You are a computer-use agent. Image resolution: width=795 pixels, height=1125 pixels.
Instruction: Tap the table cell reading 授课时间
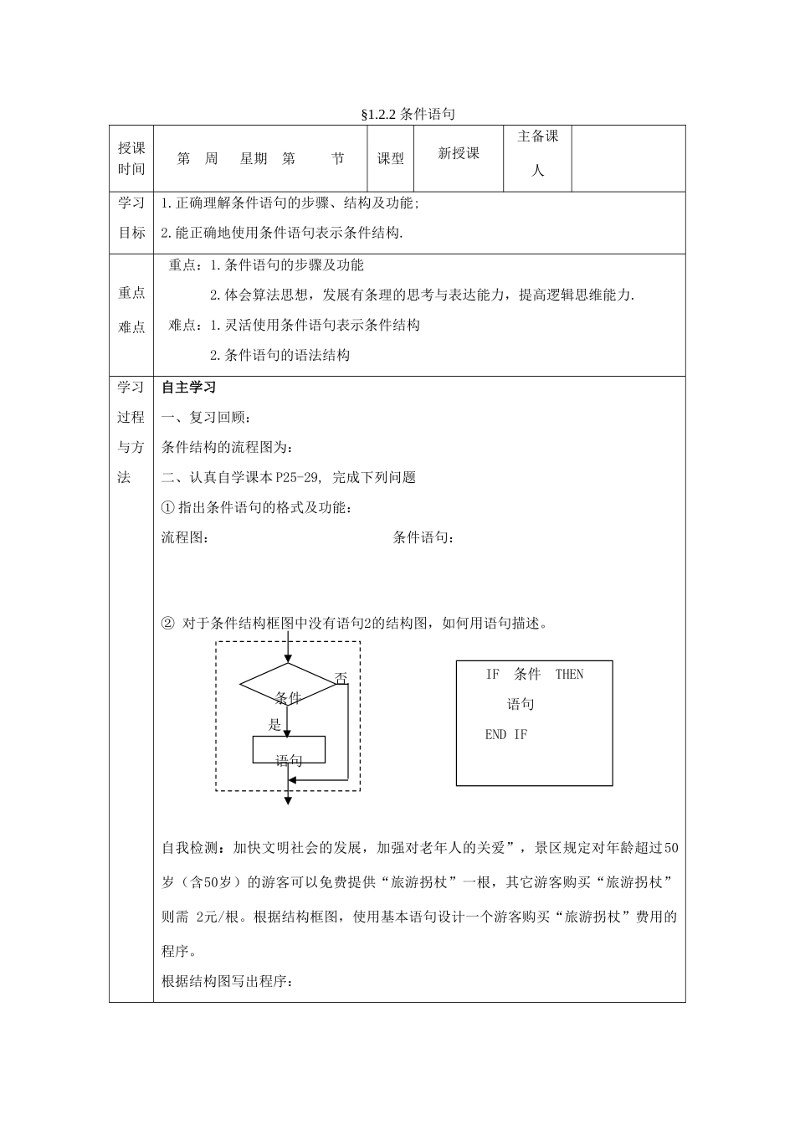[131, 158]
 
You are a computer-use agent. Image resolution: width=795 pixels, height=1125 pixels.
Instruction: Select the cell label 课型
[390, 158]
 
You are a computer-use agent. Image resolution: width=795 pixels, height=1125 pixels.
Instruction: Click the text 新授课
[459, 153]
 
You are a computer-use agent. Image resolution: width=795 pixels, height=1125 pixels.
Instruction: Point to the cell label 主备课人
[538, 153]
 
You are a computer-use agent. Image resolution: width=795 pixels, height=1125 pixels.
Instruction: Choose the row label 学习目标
[131, 218]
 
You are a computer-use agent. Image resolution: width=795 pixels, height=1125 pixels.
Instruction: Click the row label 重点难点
[131, 309]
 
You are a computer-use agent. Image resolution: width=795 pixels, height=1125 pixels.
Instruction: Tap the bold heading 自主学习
[188, 388]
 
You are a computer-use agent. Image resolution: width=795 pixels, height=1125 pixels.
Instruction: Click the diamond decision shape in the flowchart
[287, 683]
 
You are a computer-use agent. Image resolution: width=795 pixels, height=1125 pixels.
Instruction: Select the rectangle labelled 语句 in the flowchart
[289, 750]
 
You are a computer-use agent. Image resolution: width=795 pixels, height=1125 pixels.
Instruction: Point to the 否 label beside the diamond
[341, 679]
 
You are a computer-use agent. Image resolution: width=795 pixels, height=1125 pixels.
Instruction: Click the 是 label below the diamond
[274, 725]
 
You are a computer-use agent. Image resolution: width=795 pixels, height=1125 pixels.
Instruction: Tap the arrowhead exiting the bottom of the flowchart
[288, 800]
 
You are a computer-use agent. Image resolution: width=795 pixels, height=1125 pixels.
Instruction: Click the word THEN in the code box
[569, 675]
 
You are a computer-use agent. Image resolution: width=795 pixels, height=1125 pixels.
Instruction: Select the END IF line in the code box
[506, 735]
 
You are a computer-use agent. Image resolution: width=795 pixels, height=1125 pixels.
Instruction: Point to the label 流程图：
[185, 537]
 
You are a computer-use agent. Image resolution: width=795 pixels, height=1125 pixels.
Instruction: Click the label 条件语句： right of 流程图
[423, 537]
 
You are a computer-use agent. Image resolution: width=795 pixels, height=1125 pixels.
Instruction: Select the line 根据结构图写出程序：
[227, 982]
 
